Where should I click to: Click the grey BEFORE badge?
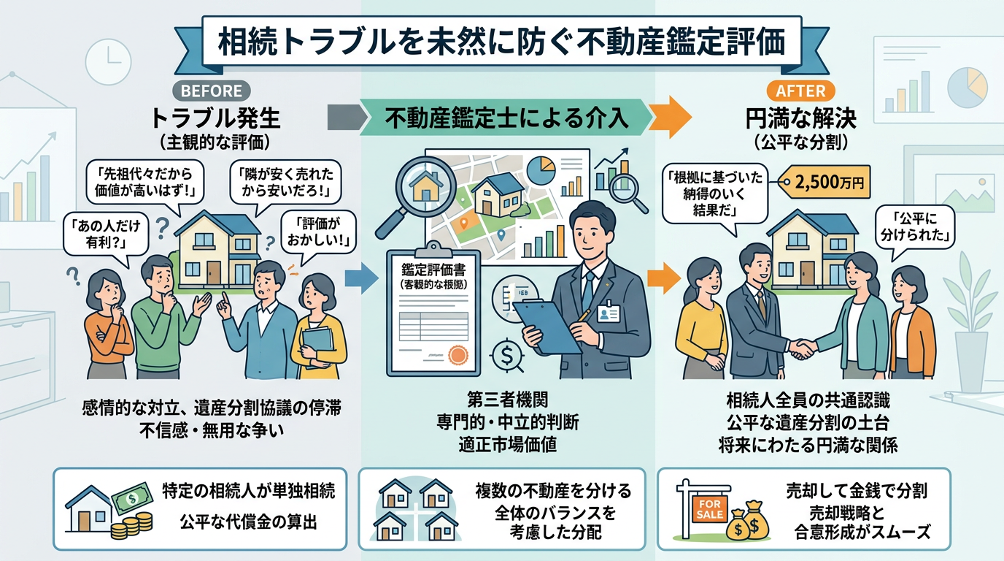click(x=210, y=91)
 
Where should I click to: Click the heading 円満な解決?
click(x=800, y=118)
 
